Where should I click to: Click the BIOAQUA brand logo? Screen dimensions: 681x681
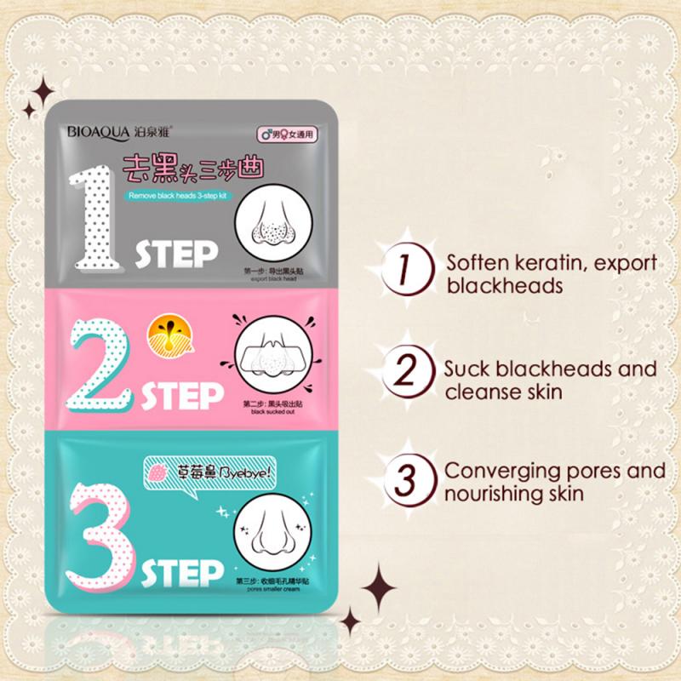(96, 132)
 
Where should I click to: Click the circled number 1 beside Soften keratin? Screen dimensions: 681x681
(404, 272)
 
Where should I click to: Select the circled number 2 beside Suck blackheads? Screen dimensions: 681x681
(404, 378)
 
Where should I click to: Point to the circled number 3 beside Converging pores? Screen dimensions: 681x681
(404, 479)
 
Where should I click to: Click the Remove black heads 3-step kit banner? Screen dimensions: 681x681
(174, 196)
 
